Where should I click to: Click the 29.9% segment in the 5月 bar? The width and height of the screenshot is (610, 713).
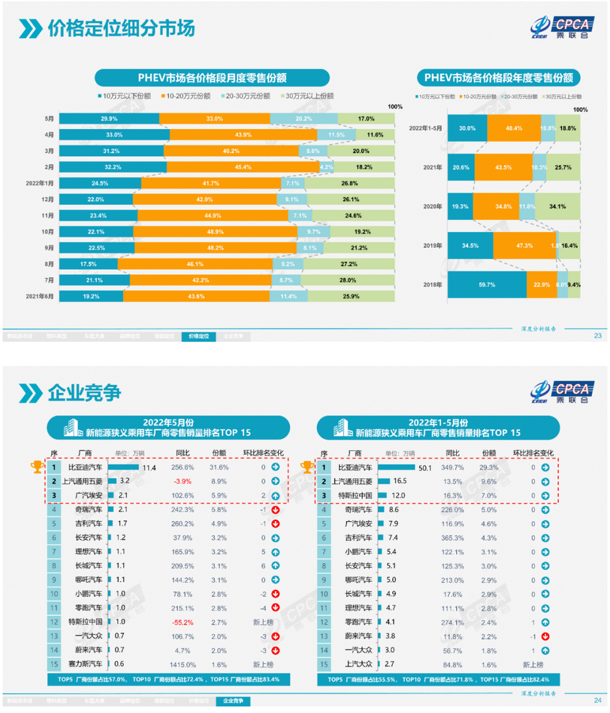pos(109,119)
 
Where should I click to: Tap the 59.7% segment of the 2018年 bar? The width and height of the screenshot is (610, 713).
pos(489,285)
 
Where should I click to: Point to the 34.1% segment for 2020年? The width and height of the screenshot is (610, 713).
pos(558,206)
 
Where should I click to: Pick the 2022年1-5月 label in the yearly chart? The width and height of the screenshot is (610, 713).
pos(425,128)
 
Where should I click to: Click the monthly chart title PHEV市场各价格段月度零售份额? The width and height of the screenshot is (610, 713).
pos(211,79)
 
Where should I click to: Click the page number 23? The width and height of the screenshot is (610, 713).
pos(597,336)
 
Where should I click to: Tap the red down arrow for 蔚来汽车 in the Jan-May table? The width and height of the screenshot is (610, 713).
pos(545,636)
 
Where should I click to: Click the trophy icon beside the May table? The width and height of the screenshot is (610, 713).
pos(37,467)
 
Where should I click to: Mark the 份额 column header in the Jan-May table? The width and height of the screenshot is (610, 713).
pos(489,453)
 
